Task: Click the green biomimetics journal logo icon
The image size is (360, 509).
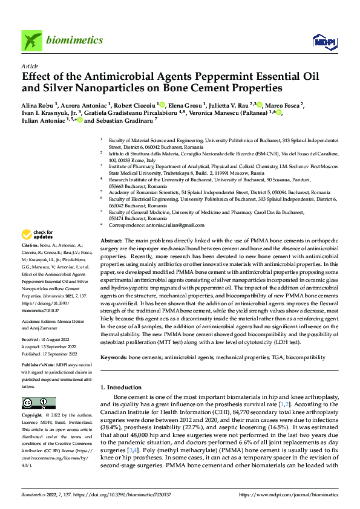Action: point(31,41)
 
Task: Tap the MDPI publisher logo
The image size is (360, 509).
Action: point(323,41)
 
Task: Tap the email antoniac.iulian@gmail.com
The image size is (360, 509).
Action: point(170,225)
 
